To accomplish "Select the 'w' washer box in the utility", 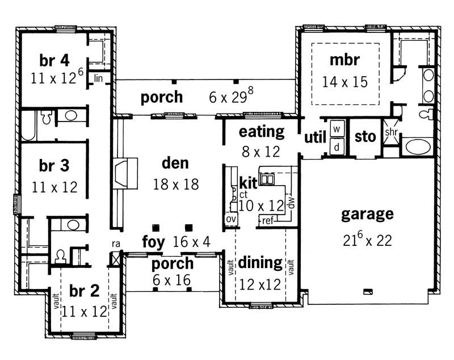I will click(336, 129).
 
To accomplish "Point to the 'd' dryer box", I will click(336, 146).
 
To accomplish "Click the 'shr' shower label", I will click(390, 132).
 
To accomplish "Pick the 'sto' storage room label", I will click(365, 137).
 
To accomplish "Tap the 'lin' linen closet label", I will click(99, 77).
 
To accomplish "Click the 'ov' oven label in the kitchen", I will click(230, 219).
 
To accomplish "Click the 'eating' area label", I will click(261, 132).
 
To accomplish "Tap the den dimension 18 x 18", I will click(175, 183).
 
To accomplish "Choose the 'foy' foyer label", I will click(153, 242).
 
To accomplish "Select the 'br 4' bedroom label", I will click(54, 60).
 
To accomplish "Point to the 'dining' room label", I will click(260, 262).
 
